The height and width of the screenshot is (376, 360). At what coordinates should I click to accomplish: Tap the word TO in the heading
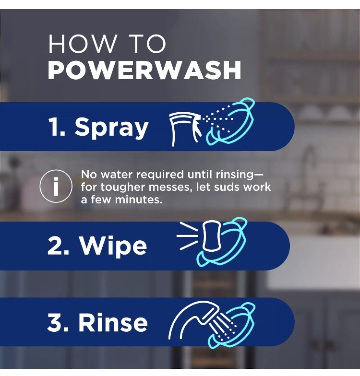click(149, 44)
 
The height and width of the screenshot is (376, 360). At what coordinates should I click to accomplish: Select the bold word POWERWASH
click(144, 70)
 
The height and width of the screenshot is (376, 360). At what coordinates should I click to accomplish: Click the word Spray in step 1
click(111, 128)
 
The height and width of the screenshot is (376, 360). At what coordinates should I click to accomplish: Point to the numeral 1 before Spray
click(54, 127)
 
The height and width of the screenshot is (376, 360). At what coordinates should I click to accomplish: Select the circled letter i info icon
click(56, 186)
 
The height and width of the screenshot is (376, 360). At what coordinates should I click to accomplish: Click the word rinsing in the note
click(234, 175)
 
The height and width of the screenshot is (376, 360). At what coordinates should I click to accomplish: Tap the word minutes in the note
click(138, 200)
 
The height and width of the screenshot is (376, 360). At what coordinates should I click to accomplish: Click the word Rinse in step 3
click(113, 322)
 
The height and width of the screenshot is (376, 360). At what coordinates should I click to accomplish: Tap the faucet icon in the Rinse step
click(194, 317)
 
